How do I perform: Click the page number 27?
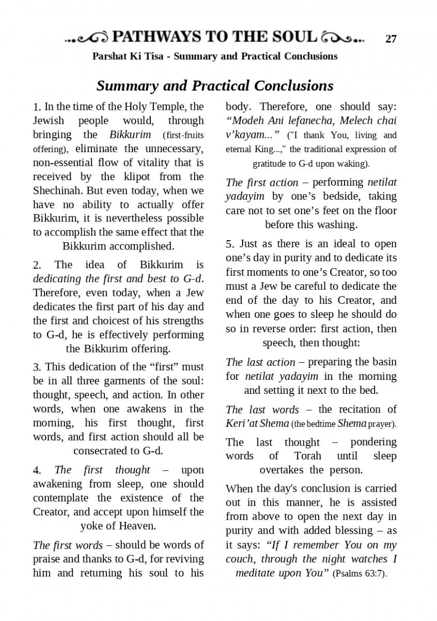pos(391,39)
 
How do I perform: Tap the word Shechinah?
pos(57,190)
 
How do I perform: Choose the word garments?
pos(131,381)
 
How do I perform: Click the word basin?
pos(384,362)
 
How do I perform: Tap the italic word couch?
pos(241,559)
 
